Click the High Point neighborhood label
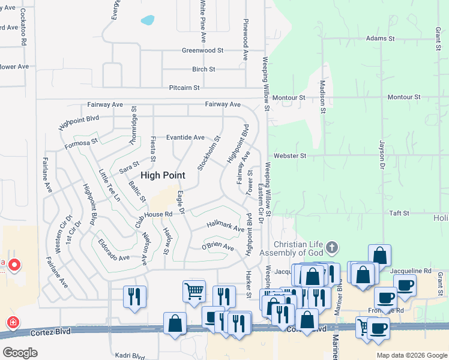click(x=163, y=175)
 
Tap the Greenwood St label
click(x=203, y=51)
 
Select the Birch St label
click(x=203, y=70)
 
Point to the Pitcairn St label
click(x=184, y=88)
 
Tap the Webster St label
click(x=290, y=156)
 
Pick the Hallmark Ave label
click(x=225, y=227)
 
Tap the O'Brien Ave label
click(x=217, y=246)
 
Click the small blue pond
click(x=148, y=20)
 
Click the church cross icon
click(x=331, y=248)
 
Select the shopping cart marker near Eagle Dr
click(x=194, y=291)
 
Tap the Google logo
click(x=20, y=353)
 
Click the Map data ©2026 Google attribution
click(x=411, y=355)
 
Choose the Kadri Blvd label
click(x=131, y=356)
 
